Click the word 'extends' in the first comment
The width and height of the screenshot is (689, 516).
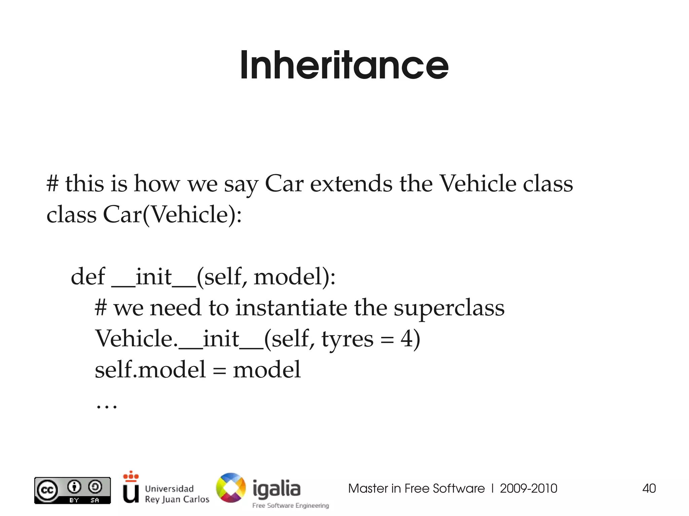[x=351, y=184]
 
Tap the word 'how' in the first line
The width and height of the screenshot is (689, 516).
[x=157, y=184]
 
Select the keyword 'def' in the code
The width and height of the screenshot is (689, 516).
[x=88, y=277]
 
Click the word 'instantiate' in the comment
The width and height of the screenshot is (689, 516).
[x=291, y=308]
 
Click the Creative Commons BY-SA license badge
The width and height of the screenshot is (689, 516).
[x=72, y=490]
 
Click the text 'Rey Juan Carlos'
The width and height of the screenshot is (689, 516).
[x=177, y=499]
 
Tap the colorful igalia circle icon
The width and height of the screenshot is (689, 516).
[x=231, y=488]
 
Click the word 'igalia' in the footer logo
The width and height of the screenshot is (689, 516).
[x=276, y=488]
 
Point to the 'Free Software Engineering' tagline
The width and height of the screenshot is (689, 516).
[x=291, y=506]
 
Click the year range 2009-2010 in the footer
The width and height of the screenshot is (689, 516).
[x=528, y=488]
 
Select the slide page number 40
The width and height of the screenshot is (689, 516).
[x=649, y=488]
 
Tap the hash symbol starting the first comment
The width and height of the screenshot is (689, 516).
[x=52, y=184]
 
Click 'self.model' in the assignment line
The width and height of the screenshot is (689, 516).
[x=150, y=369]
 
